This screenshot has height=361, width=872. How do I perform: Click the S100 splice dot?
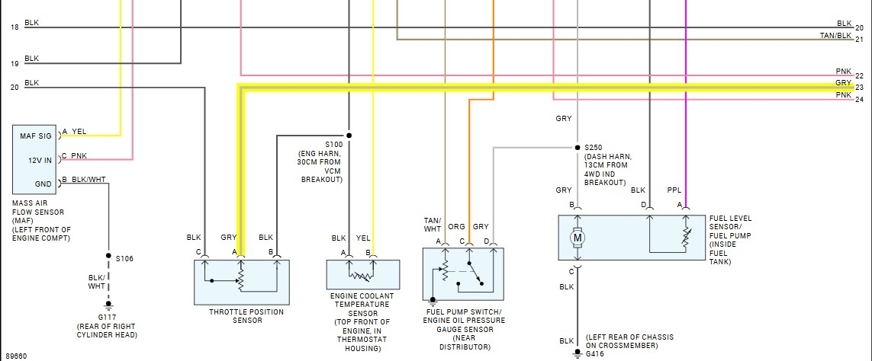[349, 136]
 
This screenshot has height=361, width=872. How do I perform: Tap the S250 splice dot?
[577, 147]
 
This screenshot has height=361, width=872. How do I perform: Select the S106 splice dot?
[108, 257]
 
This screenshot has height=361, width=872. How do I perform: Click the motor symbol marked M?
[578, 238]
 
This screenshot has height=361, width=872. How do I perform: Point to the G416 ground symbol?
[578, 353]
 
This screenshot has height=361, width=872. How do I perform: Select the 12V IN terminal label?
[40, 159]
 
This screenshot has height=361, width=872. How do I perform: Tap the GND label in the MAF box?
[43, 184]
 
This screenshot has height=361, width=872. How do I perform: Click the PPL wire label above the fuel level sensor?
[674, 190]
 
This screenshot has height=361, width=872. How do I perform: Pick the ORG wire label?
[457, 226]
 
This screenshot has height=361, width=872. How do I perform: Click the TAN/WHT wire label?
[433, 225]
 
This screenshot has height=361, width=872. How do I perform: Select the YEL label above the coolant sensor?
[363, 238]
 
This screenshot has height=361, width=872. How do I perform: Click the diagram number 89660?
[14, 356]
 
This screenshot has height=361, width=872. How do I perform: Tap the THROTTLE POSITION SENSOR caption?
[246, 316]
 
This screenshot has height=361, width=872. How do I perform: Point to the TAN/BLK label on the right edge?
[835, 36]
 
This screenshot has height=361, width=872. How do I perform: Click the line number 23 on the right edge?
[859, 87]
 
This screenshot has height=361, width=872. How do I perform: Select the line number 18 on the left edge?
[14, 27]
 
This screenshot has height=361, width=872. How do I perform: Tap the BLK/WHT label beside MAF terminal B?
[88, 180]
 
